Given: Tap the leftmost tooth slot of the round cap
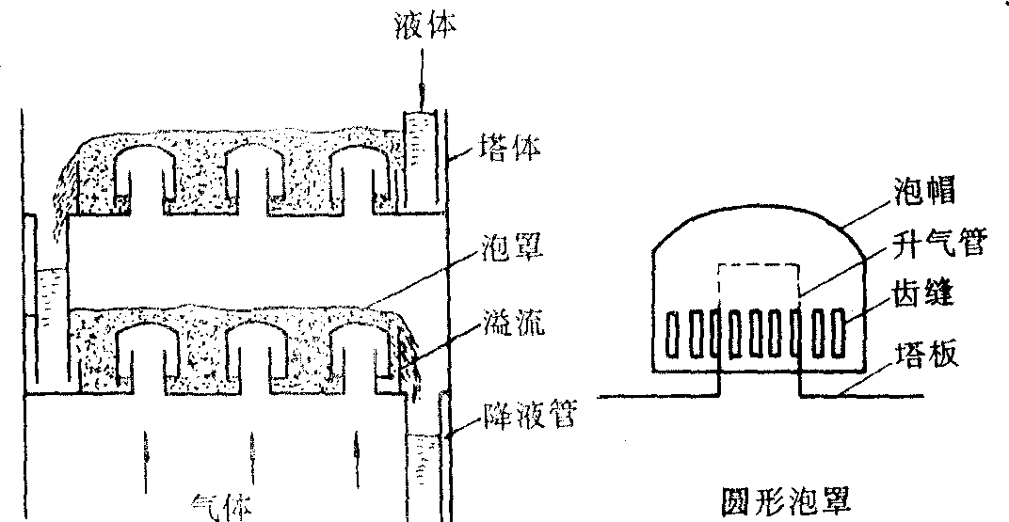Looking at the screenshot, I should (x=673, y=334).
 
